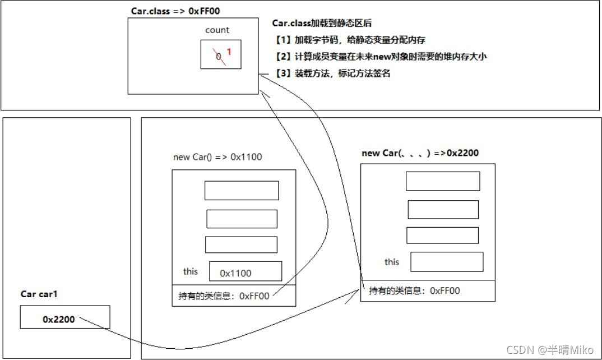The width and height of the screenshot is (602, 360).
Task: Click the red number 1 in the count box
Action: [x=229, y=52]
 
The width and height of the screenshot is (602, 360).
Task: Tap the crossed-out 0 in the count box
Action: [x=219, y=55]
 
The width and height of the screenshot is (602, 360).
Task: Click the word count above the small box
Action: [x=217, y=30]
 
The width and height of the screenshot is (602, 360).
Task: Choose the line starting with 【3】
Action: [x=333, y=73]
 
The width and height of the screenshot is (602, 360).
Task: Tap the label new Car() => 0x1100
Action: [x=217, y=157]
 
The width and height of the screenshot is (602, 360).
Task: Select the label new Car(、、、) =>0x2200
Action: [x=420, y=153]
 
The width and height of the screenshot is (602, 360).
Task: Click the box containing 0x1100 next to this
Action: [x=246, y=272]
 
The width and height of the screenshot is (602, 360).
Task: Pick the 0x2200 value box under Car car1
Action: [x=65, y=317]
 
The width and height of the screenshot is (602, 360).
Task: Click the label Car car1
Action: [x=40, y=294]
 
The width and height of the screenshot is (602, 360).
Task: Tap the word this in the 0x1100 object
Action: [x=191, y=271]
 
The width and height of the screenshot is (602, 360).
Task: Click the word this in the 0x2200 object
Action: [x=392, y=262]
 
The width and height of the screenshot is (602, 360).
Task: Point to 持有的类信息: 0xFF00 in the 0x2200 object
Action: [x=414, y=290]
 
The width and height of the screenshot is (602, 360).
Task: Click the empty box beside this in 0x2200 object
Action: [x=447, y=262]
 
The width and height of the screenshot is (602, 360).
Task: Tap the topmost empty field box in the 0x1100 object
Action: [x=242, y=191]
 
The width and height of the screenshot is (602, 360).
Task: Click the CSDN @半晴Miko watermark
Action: [x=550, y=349]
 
